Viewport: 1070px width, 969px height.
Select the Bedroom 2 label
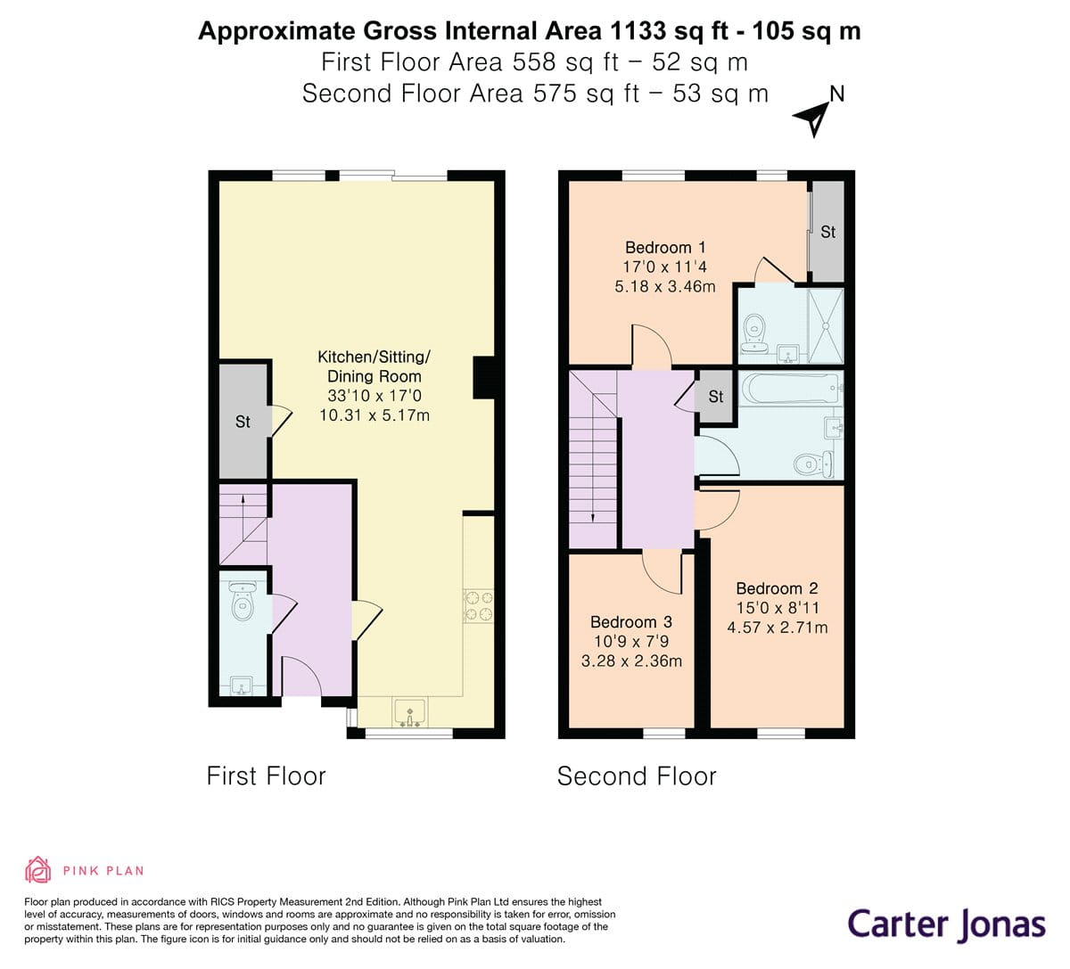777,588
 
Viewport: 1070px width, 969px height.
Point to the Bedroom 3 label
631,622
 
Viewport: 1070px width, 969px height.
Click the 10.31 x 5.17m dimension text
374,415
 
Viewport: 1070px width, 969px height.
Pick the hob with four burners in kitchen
479,605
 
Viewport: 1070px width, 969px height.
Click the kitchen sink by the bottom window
410,713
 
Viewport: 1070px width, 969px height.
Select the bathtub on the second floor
790,389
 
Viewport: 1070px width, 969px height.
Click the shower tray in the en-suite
826,325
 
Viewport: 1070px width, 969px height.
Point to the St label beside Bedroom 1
827,232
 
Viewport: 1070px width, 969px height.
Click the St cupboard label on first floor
243,422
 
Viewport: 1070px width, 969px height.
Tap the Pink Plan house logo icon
37,869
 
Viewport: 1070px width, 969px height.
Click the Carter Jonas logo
946,924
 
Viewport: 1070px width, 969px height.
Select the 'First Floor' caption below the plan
266,776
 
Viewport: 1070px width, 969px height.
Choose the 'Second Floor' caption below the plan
637,776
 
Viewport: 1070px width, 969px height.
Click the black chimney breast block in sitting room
482,378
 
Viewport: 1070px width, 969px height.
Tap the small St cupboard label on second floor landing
716,397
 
